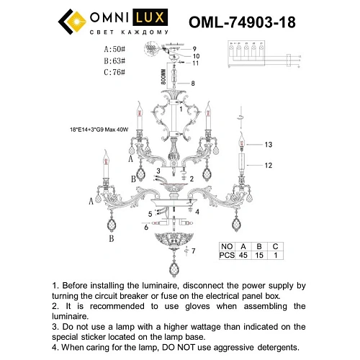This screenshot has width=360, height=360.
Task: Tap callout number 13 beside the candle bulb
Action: [x=268, y=145]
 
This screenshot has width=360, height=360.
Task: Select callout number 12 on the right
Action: [x=268, y=166]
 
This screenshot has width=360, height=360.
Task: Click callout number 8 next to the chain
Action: [x=192, y=84]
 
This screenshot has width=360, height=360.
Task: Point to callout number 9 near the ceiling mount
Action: [x=194, y=48]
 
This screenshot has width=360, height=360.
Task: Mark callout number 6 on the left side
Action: [x=145, y=227]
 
